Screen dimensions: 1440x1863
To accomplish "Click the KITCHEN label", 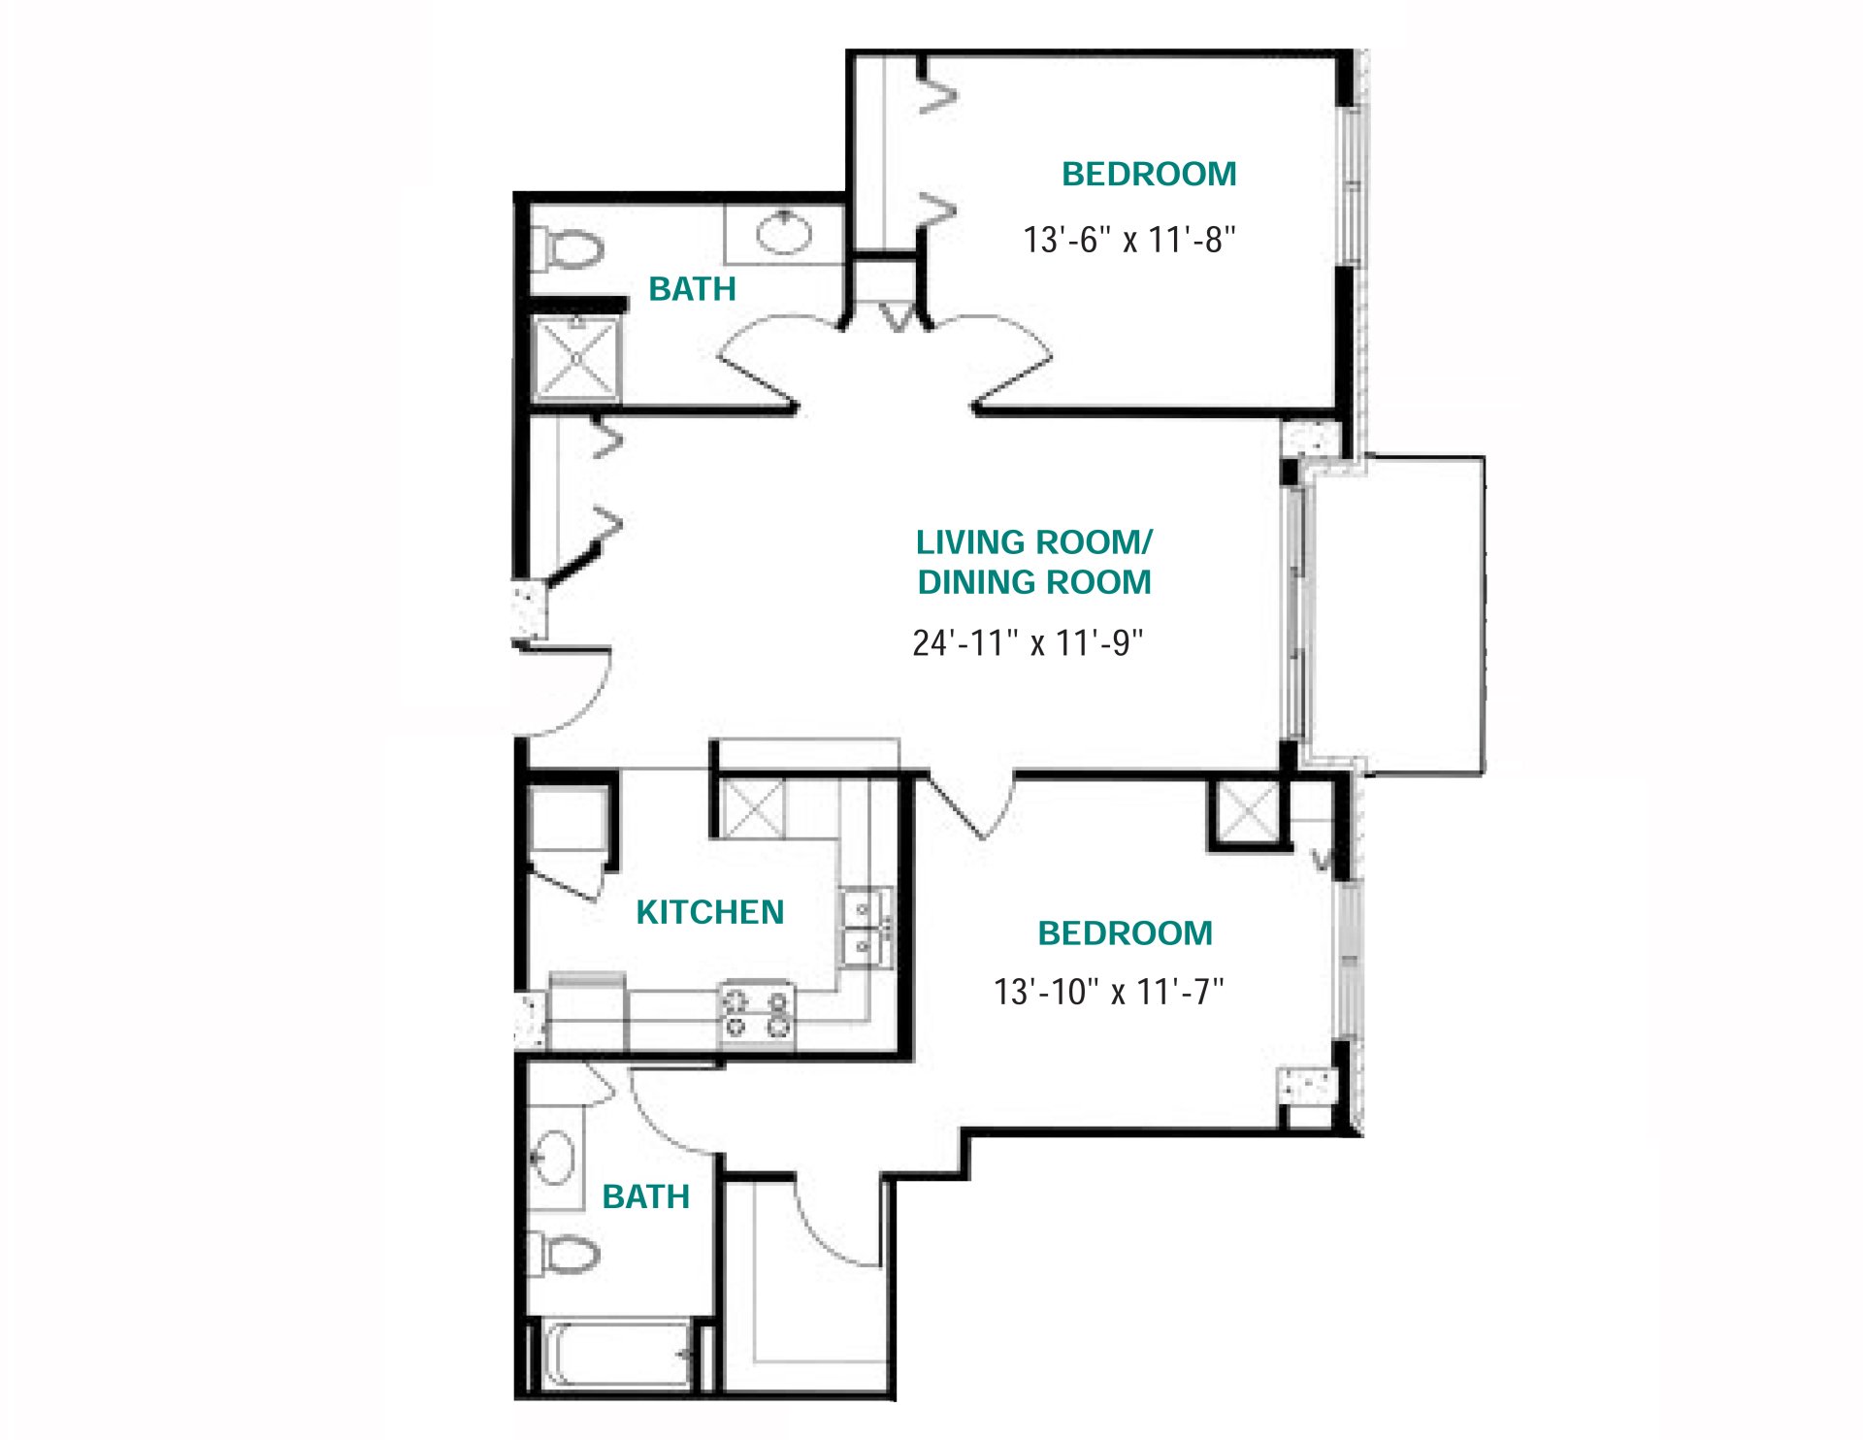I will pos(709,912).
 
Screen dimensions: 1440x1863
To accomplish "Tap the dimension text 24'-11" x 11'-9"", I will pos(1028,642).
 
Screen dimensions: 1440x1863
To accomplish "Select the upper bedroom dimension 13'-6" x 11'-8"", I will pos(1129,240).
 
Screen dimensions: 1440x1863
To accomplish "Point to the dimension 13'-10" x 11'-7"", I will pos(1108,992).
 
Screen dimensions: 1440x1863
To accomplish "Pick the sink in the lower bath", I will pos(553,1157).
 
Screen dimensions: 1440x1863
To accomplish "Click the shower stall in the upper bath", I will pos(576,358).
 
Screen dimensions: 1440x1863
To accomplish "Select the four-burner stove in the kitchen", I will pos(757,1012).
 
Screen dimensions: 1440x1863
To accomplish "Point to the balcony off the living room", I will pos(1397,613).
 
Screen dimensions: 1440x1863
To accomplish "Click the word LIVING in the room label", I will pos(970,541).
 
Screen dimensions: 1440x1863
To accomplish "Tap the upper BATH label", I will pos(692,289).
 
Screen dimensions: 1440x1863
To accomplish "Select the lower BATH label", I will pos(645,1196).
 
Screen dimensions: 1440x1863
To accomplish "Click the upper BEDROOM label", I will pos(1149,174).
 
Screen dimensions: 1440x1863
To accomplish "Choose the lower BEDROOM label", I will pos(1125,933).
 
